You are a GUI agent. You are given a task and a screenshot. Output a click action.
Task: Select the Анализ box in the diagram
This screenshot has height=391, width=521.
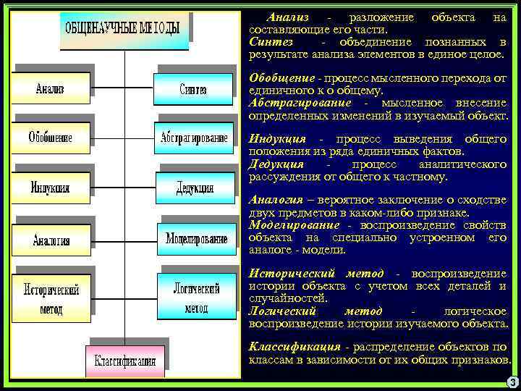(50, 89)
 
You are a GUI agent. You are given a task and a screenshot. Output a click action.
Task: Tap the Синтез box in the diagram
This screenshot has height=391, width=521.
(192, 90)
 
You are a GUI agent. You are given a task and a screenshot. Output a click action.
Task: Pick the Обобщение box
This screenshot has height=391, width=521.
(51, 137)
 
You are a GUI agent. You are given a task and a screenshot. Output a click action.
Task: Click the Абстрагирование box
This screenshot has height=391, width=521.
(192, 137)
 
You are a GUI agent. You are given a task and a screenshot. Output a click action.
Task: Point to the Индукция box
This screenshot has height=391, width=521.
(51, 188)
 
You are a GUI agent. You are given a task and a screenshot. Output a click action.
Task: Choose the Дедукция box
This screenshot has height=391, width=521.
(195, 188)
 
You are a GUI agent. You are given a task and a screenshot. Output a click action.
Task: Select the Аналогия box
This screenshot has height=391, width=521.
(51, 240)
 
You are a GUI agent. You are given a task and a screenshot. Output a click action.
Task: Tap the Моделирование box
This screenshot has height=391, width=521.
(196, 238)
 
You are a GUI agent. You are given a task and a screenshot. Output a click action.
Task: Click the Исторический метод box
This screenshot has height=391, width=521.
(51, 298)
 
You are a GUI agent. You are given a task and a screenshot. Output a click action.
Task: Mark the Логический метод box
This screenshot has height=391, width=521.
(195, 298)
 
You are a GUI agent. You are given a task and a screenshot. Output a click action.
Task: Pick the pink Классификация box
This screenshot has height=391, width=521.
(124, 360)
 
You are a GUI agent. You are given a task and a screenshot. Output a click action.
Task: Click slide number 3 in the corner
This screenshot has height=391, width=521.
(512, 382)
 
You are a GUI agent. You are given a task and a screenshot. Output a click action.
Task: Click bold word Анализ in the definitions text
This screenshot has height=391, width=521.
(287, 17)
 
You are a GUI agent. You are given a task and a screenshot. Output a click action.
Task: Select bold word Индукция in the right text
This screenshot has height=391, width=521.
(277, 138)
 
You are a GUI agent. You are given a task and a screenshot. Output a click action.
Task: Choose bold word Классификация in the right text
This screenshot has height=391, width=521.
(295, 346)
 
